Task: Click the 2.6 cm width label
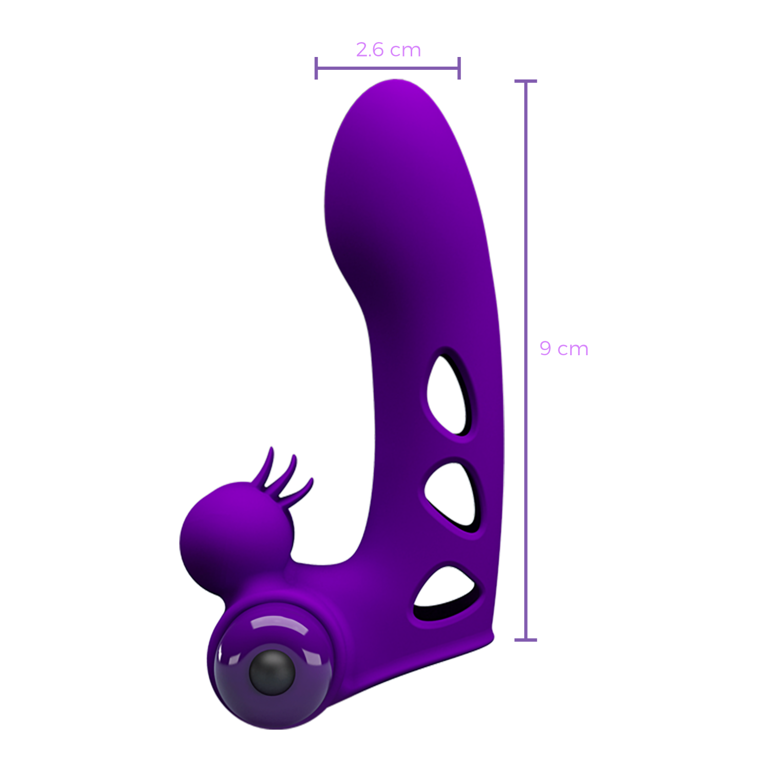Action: pyautogui.click(x=389, y=50)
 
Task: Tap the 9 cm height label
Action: pyautogui.click(x=564, y=349)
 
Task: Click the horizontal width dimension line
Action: pyautogui.click(x=388, y=68)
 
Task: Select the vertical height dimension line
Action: pyautogui.click(x=526, y=360)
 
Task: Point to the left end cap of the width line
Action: pyautogui.click(x=316, y=68)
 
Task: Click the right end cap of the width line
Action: pyautogui.click(x=459, y=68)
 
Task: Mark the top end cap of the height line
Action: pyautogui.click(x=526, y=81)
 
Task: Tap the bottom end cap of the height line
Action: pyautogui.click(x=526, y=640)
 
